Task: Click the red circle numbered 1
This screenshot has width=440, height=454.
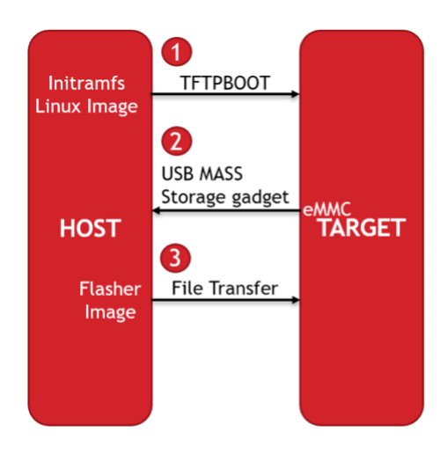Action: (x=176, y=52)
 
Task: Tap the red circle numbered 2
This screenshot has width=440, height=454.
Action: (x=176, y=142)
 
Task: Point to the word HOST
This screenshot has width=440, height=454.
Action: (x=89, y=227)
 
